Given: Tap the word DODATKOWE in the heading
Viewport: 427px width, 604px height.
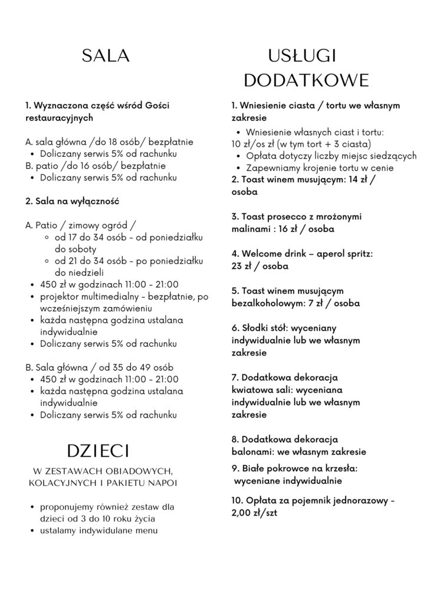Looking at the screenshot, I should click(306, 80).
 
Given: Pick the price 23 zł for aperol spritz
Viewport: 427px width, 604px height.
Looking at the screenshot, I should click(241, 265).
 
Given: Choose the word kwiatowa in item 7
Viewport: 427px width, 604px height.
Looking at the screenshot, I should click(254, 390).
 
